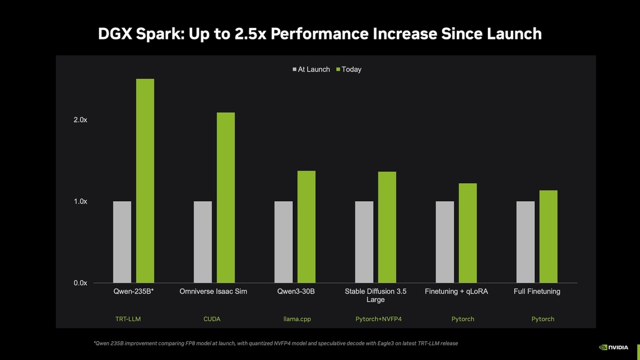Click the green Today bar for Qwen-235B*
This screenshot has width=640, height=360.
click(x=145, y=181)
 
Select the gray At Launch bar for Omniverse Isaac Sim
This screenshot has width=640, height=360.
click(x=203, y=242)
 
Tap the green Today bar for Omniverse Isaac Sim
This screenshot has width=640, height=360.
click(x=226, y=198)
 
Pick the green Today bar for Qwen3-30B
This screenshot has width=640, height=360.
click(x=306, y=227)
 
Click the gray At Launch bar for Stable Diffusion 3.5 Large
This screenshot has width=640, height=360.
click(x=364, y=242)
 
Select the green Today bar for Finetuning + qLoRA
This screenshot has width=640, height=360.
click(x=468, y=233)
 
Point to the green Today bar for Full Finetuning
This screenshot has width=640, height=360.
click(x=548, y=236)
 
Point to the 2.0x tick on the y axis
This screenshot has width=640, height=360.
click(x=80, y=120)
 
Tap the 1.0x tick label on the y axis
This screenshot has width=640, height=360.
click(x=80, y=201)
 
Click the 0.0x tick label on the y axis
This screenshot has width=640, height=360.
click(x=80, y=283)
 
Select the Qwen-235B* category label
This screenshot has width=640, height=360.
click(x=133, y=292)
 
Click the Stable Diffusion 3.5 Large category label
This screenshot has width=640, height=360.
click(x=375, y=295)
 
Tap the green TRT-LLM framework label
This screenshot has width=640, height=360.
click(x=129, y=319)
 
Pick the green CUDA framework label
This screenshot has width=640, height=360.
click(x=212, y=319)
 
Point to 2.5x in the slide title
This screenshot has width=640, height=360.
click(x=249, y=34)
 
